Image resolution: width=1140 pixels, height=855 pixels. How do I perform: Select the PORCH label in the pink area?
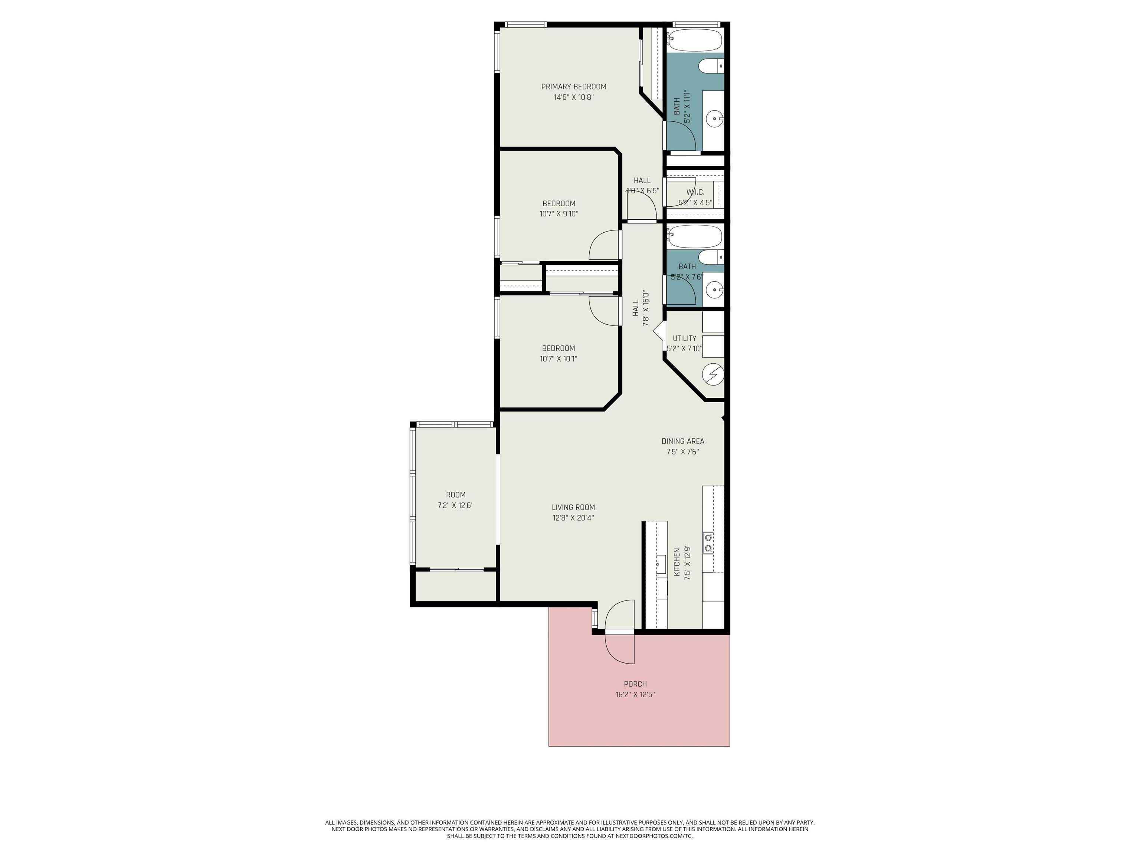pyautogui.click(x=635, y=684)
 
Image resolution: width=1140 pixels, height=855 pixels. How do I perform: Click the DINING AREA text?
pyautogui.click(x=682, y=441)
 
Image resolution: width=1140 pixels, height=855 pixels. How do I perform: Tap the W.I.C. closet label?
pyautogui.click(x=695, y=192)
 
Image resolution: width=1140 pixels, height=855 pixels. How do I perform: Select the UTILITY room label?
pyautogui.click(x=684, y=338)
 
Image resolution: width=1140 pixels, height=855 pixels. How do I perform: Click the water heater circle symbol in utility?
pyautogui.click(x=713, y=374)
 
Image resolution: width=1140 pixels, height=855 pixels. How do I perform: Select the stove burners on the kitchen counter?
pyautogui.click(x=708, y=542)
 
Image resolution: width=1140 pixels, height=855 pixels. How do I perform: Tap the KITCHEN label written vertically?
pyautogui.click(x=677, y=562)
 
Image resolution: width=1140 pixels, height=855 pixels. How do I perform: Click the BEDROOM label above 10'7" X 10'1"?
pyautogui.click(x=558, y=348)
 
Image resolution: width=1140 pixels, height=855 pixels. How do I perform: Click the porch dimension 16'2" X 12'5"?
pyautogui.click(x=635, y=695)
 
